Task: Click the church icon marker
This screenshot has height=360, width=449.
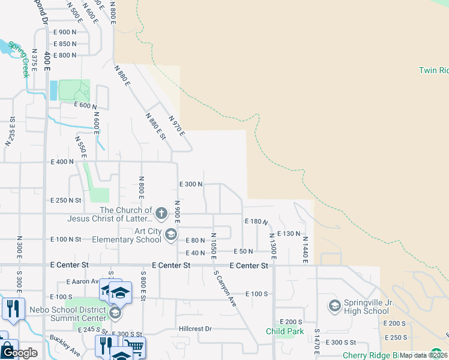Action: coord(161,213)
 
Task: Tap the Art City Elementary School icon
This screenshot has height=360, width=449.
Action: coord(170,235)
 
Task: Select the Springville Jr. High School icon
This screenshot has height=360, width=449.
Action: coord(334,306)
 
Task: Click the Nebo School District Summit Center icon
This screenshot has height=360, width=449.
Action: coord(115,313)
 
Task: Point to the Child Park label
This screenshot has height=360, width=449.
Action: coord(284,331)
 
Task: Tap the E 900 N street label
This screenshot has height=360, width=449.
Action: coord(65,32)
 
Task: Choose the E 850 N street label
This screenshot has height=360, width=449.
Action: coord(65,44)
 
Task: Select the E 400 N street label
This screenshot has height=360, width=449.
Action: coord(62,162)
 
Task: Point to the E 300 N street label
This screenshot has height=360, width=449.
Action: coord(191,184)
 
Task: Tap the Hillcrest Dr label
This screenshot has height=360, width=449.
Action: coord(196,329)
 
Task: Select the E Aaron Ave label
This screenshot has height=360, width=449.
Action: coord(82,281)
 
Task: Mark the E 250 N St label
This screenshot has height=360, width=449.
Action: coord(66,200)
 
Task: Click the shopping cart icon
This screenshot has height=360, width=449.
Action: coord(135,347)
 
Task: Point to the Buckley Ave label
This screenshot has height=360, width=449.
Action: coord(65,346)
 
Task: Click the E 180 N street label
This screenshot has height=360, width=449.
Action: coord(256,221)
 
